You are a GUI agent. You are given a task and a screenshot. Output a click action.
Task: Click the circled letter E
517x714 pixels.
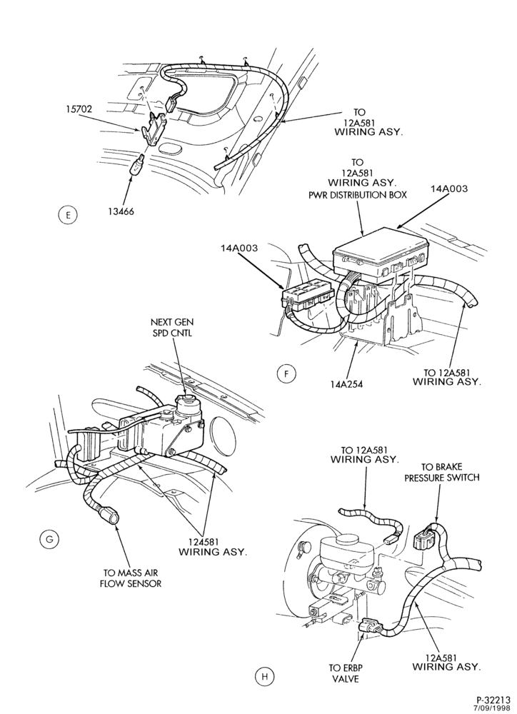(68, 215)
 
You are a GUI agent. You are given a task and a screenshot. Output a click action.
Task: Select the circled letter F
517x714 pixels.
(286, 374)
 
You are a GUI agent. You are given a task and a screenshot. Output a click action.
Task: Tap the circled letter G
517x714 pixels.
(49, 540)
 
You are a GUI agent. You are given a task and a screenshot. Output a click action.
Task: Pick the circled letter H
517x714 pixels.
(264, 676)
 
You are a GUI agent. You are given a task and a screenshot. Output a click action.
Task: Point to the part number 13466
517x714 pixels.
(120, 211)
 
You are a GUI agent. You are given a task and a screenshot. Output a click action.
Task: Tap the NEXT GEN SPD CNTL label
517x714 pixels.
(171, 328)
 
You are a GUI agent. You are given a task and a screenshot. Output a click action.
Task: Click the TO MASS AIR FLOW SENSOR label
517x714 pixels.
(130, 578)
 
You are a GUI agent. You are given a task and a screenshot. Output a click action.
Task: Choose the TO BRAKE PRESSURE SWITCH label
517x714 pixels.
(442, 472)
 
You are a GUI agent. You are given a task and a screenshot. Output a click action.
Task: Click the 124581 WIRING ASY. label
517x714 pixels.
(213, 547)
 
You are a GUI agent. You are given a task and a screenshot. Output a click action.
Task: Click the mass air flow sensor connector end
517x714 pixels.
(110, 517)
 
